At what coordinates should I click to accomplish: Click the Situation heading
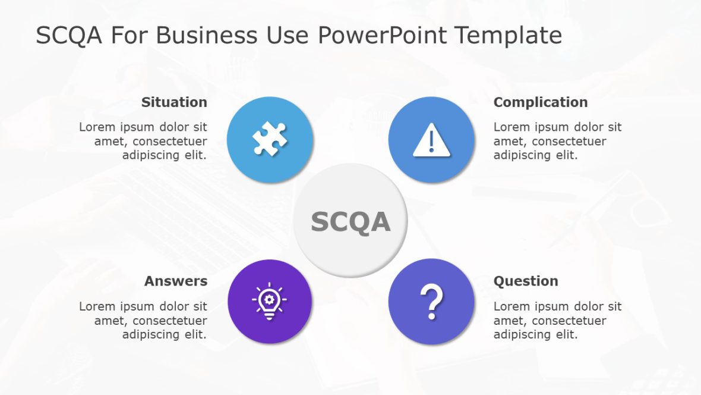174,102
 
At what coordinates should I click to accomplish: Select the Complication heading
540,102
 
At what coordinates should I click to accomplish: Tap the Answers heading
176,281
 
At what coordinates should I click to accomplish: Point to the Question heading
526,281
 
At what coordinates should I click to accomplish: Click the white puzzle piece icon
270,139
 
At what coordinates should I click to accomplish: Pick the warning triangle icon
431,141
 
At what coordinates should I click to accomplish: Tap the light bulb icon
270,301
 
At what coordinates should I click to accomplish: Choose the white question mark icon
431,302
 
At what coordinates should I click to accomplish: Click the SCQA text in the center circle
350,222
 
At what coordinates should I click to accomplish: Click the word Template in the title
509,36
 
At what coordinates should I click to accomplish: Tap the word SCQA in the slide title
69,36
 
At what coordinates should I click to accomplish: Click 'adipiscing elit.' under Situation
165,155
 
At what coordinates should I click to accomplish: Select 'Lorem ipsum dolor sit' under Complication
557,127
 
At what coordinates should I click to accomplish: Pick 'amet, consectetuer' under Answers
151,321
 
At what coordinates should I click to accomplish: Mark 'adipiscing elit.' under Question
535,334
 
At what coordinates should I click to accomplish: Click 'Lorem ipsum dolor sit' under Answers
143,306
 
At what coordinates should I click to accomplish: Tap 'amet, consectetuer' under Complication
550,141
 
